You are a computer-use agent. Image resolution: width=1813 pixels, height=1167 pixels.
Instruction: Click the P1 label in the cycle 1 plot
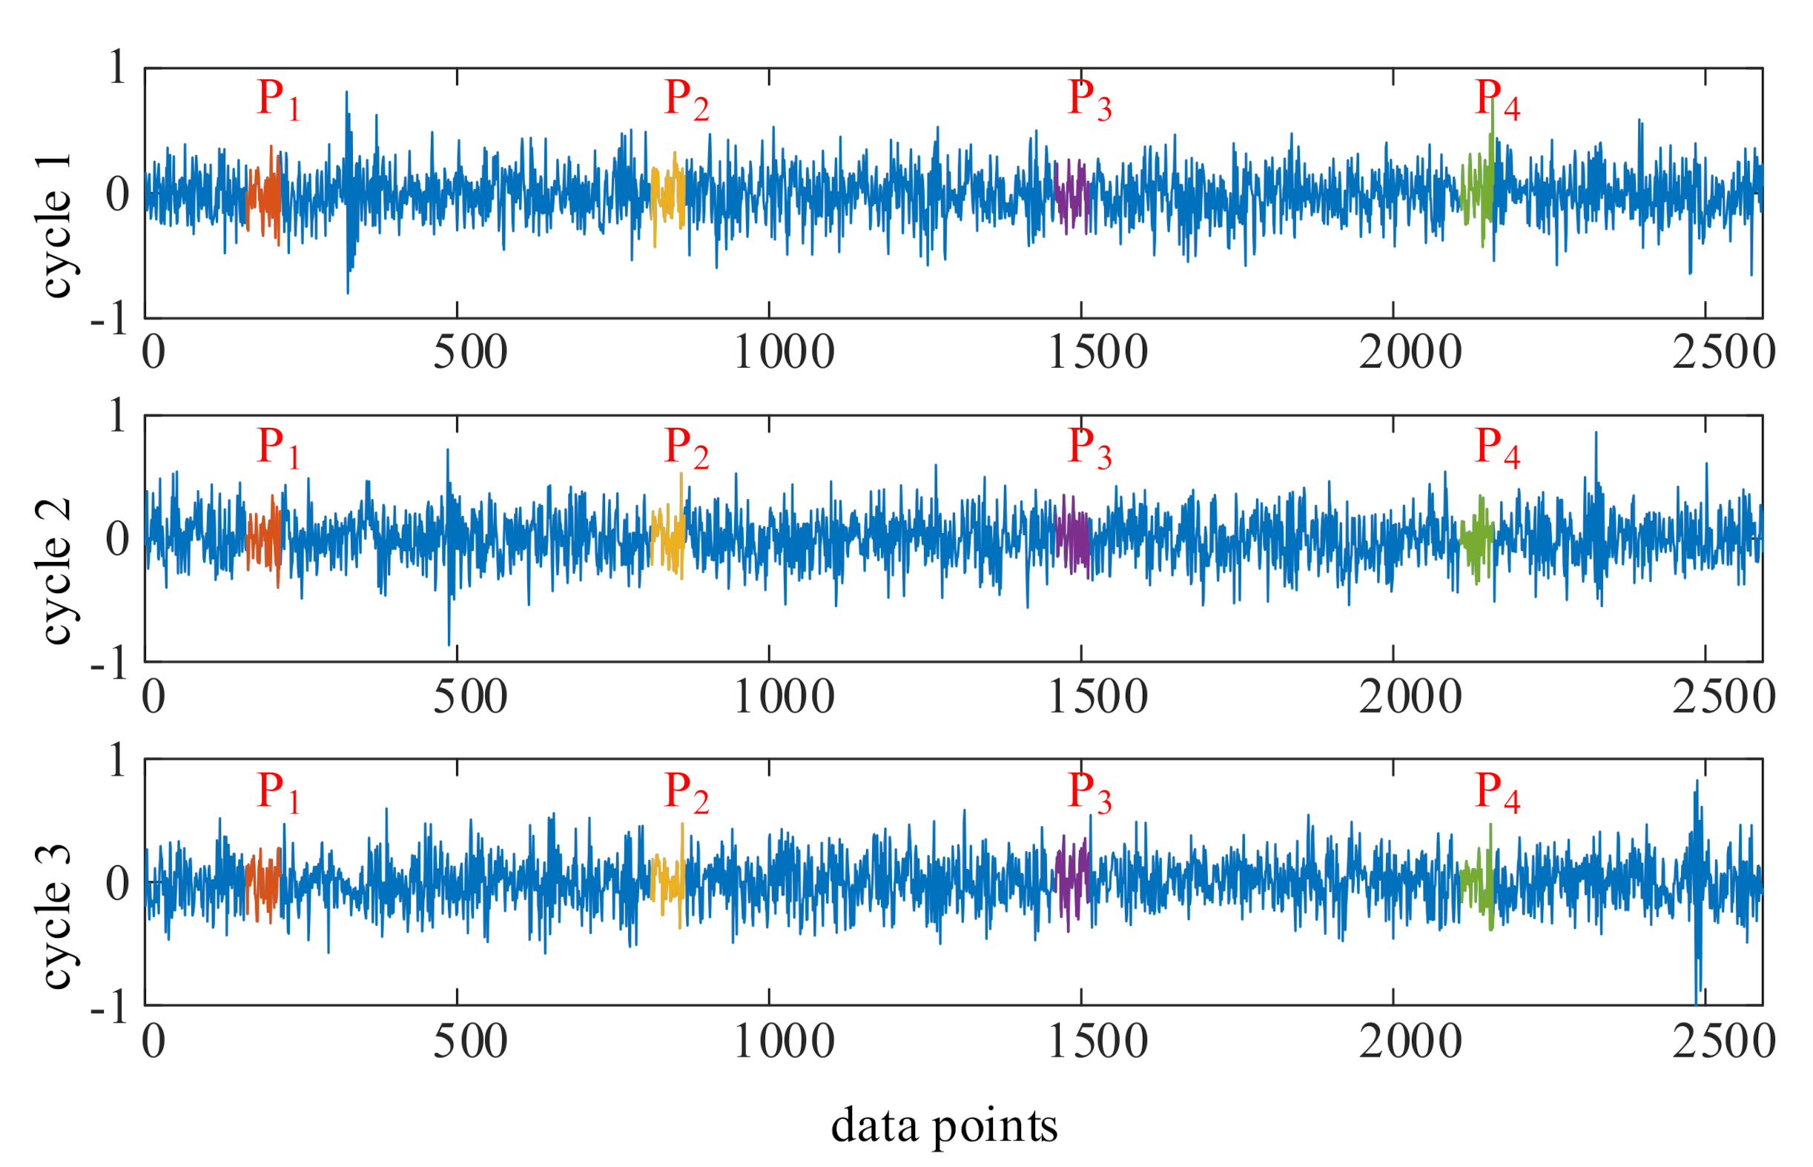click(278, 100)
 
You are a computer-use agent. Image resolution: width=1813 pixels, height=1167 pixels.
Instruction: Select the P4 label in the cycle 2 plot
click(1497, 448)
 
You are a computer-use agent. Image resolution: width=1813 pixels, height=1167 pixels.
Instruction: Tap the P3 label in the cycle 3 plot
click(1089, 793)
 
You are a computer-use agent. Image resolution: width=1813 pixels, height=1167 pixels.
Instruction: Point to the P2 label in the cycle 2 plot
click(687, 448)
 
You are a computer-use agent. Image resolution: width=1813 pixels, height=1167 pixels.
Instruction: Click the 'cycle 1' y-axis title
click(55, 225)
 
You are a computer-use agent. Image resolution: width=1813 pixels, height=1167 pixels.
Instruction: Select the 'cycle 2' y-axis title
click(55, 572)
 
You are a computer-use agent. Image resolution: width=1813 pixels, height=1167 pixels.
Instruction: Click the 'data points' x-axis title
click(944, 1125)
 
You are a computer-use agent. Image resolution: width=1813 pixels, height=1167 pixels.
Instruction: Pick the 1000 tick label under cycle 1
click(784, 353)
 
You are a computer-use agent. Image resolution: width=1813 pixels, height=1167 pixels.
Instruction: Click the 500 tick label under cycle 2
click(470, 697)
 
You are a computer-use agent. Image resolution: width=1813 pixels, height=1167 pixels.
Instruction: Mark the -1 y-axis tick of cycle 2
click(109, 667)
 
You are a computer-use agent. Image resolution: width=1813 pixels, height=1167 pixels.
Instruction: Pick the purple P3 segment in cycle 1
click(1071, 196)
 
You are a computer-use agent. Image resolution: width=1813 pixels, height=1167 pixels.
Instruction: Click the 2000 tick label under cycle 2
click(1410, 697)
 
